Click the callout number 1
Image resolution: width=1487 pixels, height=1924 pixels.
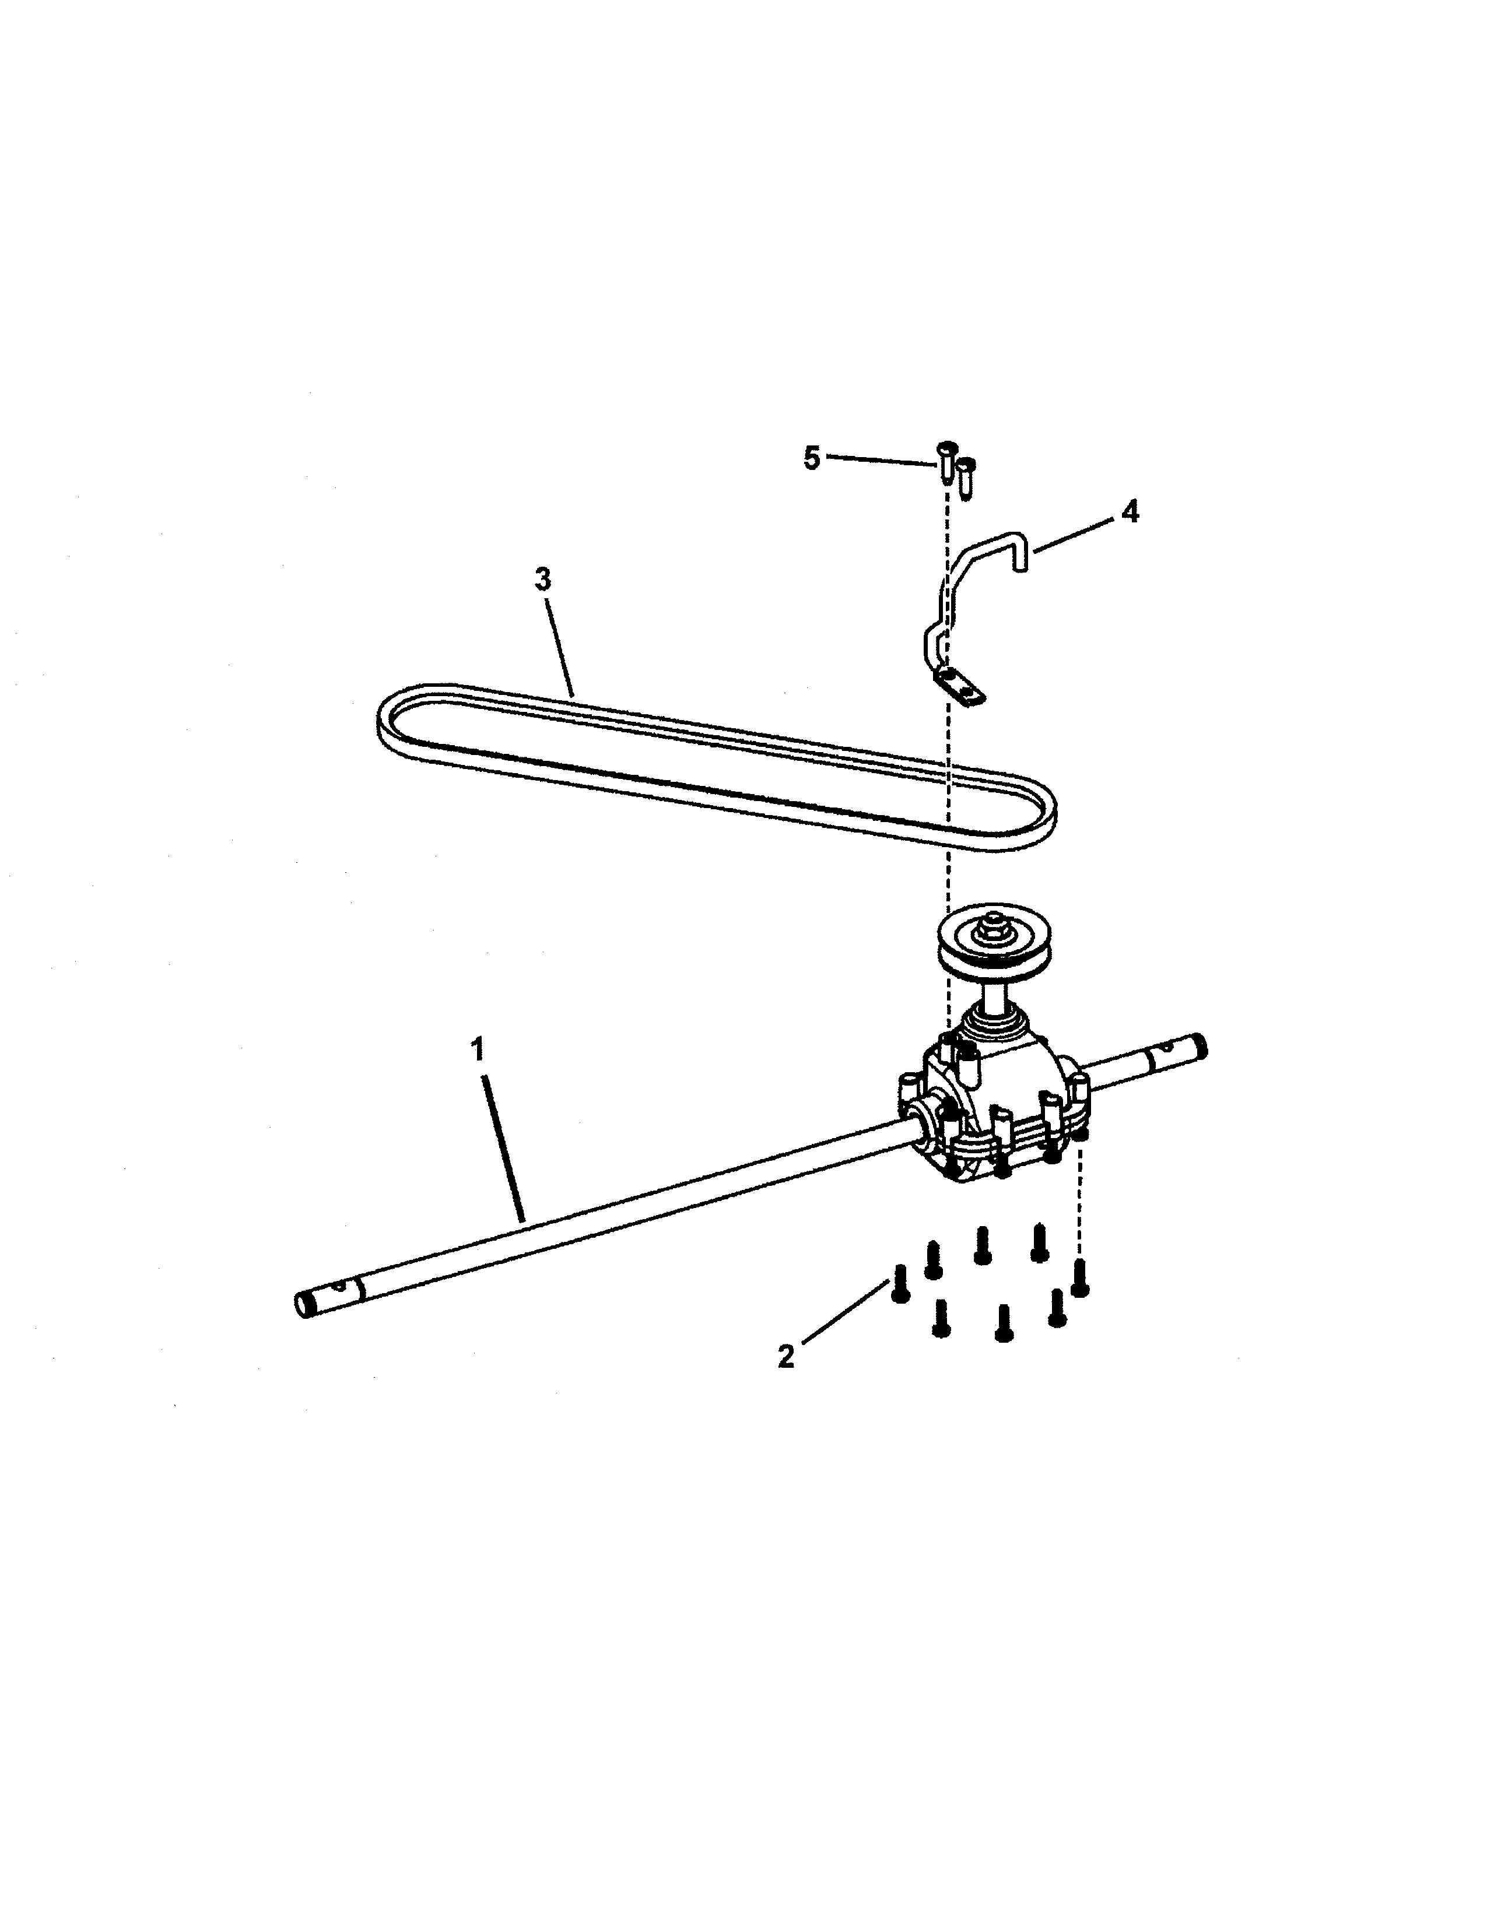point(478,1051)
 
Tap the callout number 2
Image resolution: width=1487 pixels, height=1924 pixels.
point(786,1355)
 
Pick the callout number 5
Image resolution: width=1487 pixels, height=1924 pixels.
point(811,458)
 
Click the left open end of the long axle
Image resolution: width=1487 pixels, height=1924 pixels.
point(305,1305)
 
